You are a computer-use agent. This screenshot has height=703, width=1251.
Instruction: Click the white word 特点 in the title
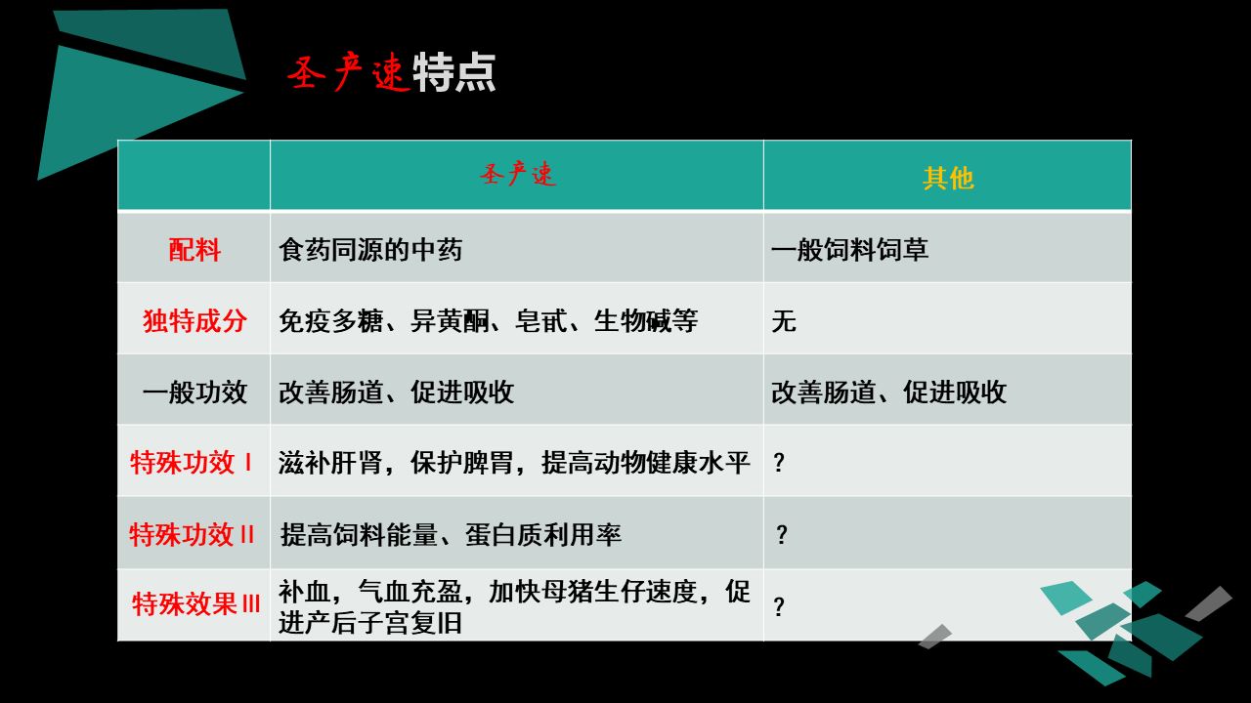[454, 72]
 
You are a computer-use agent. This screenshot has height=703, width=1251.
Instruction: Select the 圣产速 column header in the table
[518, 174]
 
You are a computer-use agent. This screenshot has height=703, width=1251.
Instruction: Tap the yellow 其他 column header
[948, 179]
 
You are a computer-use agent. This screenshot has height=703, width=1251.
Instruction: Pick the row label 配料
[194, 249]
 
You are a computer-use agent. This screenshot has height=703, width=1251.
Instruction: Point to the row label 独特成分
[194, 321]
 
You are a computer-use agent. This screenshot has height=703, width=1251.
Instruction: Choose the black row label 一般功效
[194, 392]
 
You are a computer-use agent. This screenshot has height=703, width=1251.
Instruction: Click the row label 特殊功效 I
[191, 463]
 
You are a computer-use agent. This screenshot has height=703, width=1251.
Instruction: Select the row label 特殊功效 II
[192, 534]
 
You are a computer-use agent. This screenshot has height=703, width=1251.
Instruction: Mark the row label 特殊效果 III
[195, 604]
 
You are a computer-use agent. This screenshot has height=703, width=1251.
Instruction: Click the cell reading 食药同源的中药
[370, 249]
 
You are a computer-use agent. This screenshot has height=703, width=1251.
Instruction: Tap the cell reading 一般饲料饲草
[849, 249]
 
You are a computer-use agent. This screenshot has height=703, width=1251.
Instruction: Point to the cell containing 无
[784, 321]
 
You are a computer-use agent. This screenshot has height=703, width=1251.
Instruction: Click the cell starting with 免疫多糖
[488, 321]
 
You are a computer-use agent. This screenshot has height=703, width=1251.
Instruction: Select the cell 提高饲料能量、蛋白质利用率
[451, 534]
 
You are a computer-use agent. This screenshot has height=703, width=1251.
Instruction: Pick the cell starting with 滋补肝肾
[514, 463]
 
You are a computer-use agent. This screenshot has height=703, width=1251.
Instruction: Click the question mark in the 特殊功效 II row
[781, 534]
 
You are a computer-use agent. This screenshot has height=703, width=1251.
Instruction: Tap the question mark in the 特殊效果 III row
[779, 606]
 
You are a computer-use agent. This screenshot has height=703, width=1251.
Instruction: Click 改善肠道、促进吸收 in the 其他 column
[888, 392]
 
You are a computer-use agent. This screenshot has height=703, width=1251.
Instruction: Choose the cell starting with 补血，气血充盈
[514, 607]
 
